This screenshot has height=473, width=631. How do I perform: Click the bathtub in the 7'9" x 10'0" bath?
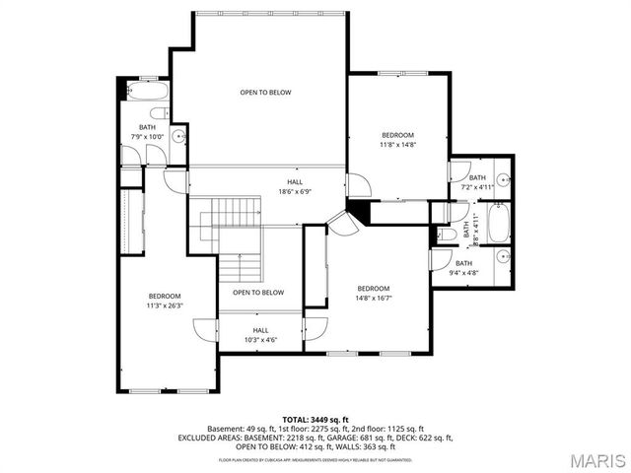[x=149, y=95]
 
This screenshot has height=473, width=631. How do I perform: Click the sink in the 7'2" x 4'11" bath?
[x=502, y=181]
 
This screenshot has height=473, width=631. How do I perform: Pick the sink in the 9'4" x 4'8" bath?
[x=502, y=258]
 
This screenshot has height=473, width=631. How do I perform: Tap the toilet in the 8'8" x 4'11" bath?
[x=441, y=236]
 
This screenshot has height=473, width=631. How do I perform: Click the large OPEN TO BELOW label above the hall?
[x=265, y=93]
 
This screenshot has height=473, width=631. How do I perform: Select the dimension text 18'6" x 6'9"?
[x=295, y=192]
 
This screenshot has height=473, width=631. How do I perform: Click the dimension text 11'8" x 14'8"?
[x=398, y=145]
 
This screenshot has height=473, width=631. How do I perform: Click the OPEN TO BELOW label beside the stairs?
[x=258, y=293]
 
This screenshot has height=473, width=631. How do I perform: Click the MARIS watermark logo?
[x=589, y=460]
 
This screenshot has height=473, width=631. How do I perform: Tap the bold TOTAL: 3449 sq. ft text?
[x=315, y=419]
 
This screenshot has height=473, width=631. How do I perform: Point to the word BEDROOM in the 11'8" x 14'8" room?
[x=398, y=135]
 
